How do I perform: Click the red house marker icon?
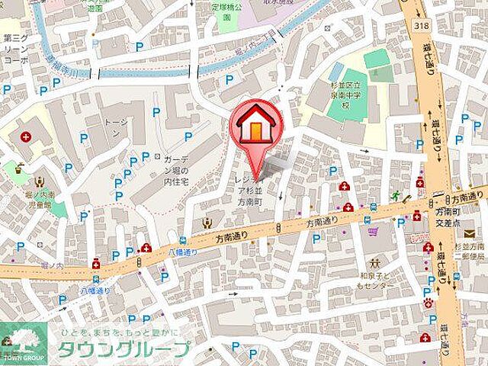click(255, 127)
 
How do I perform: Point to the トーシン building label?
click(114, 127)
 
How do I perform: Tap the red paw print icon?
click(429, 301)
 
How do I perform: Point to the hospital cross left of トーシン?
click(27, 138)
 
